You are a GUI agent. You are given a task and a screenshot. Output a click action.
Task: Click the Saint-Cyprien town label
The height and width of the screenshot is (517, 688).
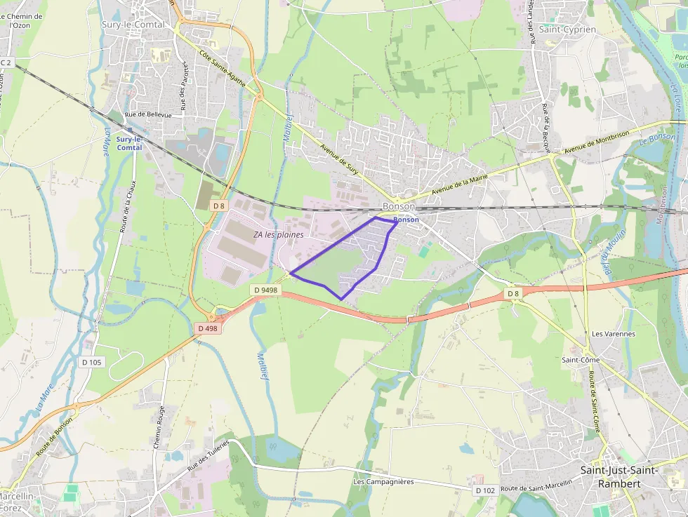567,29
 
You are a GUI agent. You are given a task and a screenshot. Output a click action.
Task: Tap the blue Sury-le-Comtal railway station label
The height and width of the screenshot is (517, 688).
129,143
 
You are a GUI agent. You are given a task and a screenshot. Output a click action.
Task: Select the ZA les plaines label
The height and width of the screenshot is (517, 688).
279,234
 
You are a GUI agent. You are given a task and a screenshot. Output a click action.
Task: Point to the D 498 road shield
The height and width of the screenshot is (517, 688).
209,328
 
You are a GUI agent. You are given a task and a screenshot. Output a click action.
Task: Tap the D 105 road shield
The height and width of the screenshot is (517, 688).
91,362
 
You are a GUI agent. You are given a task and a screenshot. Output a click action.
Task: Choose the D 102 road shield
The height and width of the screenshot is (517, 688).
485,490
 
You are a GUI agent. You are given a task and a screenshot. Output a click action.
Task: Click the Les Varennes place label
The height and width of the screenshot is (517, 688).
613,334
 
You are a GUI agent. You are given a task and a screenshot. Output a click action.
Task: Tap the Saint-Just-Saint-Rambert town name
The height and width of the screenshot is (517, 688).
618,477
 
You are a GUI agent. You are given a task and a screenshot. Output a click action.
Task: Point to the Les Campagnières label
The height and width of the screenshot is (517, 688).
383,482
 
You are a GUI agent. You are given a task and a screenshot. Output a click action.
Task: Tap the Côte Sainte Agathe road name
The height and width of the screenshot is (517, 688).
223,68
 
